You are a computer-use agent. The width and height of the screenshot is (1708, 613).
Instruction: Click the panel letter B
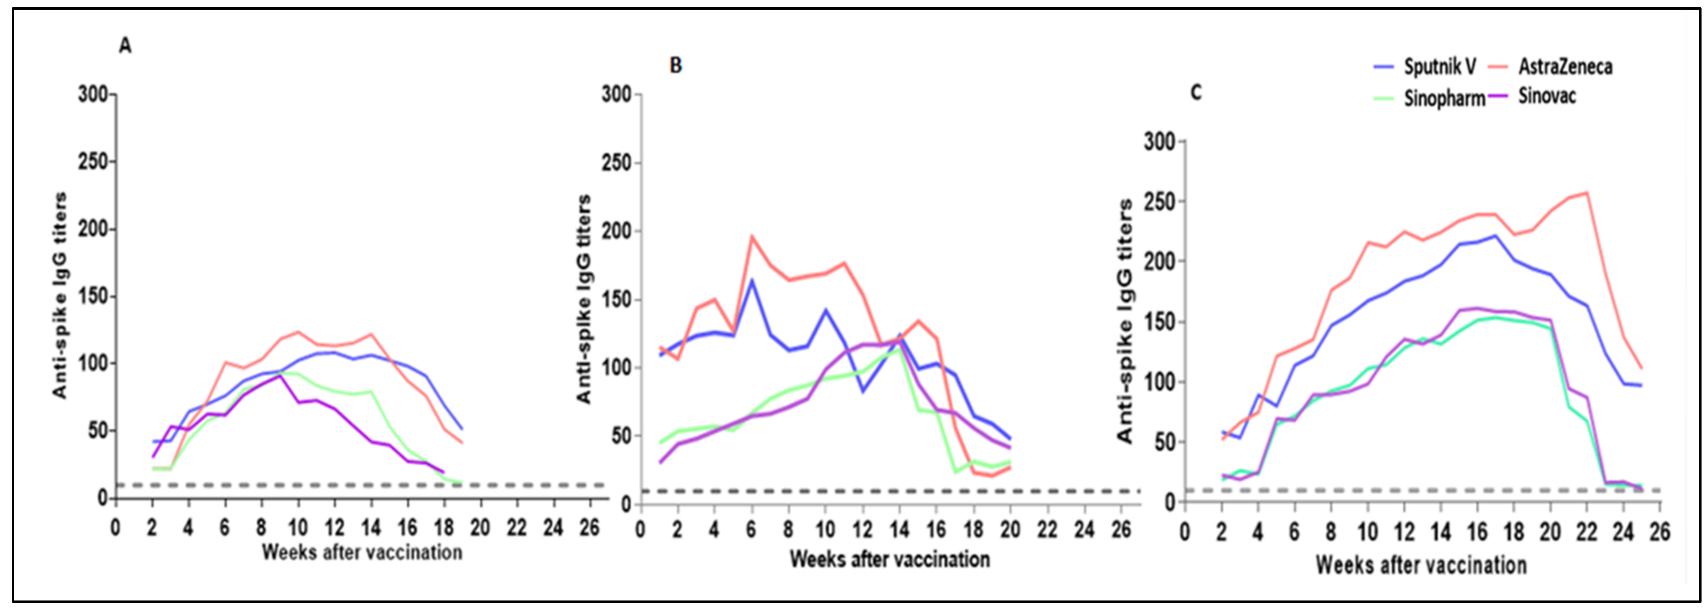click(x=676, y=65)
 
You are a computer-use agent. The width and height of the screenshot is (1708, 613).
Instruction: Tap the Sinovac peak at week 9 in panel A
click(x=280, y=375)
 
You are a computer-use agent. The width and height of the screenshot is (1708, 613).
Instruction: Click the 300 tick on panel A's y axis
click(x=93, y=94)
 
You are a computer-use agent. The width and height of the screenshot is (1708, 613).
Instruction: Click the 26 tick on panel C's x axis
click(x=1659, y=532)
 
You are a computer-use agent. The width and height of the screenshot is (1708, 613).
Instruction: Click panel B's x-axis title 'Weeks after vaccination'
click(x=889, y=559)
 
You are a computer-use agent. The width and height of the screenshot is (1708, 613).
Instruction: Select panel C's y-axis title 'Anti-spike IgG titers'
click(x=1125, y=321)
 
